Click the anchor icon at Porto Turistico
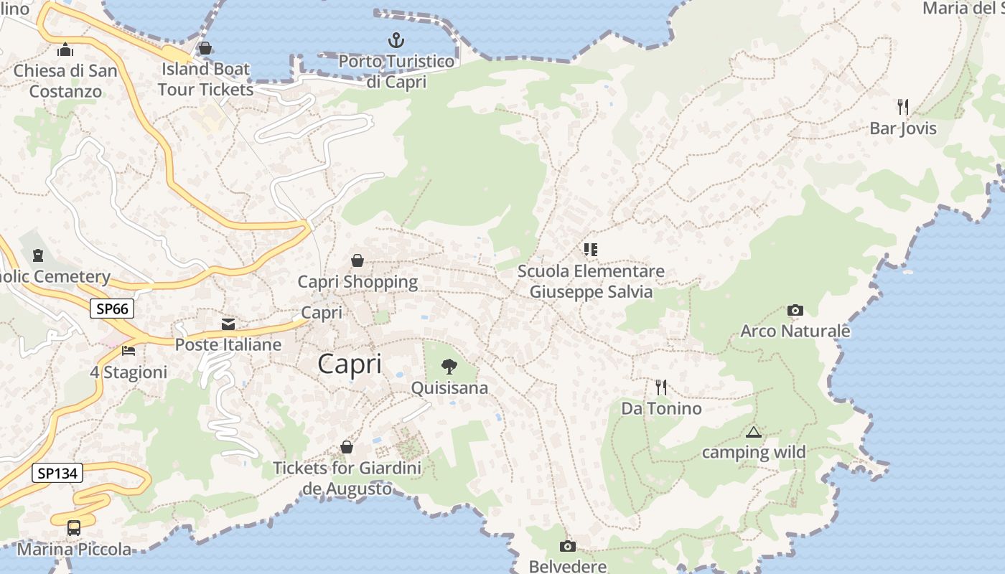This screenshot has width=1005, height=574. tap(396, 39)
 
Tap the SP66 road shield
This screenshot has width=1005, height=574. tap(112, 309)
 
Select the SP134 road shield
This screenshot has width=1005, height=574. tap(57, 473)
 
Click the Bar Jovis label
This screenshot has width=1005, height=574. tap(903, 128)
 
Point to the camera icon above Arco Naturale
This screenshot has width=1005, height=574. tap(795, 310)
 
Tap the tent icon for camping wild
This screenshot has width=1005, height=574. tap(753, 432)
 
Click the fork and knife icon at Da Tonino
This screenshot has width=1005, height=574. tap(661, 387)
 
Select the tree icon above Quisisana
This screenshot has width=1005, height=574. tap(449, 367)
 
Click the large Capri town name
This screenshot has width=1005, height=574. tap(350, 364)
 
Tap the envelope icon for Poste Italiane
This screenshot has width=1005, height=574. tap(228, 324)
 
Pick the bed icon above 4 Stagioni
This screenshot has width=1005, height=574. tap(128, 351)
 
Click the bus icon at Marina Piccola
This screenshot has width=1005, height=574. tap(74, 528)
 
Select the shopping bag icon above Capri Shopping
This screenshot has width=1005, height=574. tap(357, 260)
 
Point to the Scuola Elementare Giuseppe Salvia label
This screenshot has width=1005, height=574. tap(592, 282)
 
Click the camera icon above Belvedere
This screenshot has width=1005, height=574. tap(568, 546)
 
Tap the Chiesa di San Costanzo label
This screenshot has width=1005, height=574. tap(65, 81)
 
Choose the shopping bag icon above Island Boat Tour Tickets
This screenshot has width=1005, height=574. tap(205, 48)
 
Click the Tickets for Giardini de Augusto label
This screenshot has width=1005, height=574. tap(347, 479)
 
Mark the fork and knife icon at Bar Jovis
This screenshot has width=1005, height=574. tap(903, 107)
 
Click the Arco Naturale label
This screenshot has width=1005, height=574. tap(795, 331)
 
